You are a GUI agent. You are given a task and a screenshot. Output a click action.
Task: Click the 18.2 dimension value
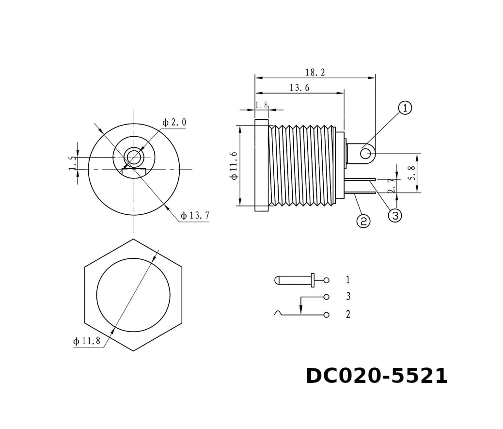coord(315,72)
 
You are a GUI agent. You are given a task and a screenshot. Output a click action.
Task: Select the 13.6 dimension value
coord(299,88)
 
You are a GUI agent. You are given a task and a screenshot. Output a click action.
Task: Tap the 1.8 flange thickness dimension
coord(262,105)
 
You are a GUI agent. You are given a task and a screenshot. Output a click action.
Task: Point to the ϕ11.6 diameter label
coord(234,165)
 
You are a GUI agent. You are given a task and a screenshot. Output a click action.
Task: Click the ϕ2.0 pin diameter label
coord(174,122)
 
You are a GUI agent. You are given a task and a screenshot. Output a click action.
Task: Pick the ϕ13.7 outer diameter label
coord(195,216)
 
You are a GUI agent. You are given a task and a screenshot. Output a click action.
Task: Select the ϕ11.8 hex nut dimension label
coord(87,341)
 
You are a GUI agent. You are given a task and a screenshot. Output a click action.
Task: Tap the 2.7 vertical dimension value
coord(392,185)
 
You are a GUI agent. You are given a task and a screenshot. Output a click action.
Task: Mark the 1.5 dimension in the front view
coord(72,163)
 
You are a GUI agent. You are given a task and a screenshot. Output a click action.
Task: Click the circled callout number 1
coord(405,108)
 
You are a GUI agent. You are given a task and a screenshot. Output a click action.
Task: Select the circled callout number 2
coord(363,221)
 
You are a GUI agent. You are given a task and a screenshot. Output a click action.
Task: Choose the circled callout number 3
coord(395,216)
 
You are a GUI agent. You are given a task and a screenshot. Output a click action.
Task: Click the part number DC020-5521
coord(377,376)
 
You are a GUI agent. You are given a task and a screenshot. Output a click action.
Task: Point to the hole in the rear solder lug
coord(365,154)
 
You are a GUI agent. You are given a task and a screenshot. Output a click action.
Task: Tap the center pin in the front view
coord(134,157)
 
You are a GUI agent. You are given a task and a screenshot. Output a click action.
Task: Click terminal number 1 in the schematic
coord(347,280)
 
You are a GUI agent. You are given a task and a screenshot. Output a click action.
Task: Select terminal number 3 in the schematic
coord(348,296)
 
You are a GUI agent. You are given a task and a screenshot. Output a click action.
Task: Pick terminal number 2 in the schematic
coord(348,314)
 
